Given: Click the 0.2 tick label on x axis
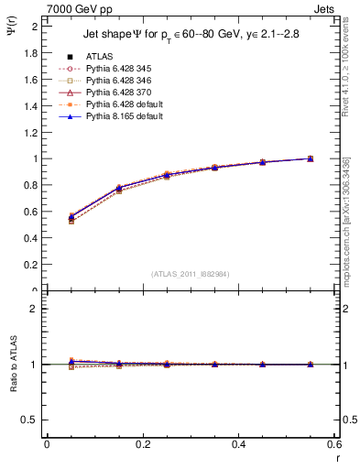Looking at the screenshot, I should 142,443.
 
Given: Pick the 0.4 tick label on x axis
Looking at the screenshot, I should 238,443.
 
